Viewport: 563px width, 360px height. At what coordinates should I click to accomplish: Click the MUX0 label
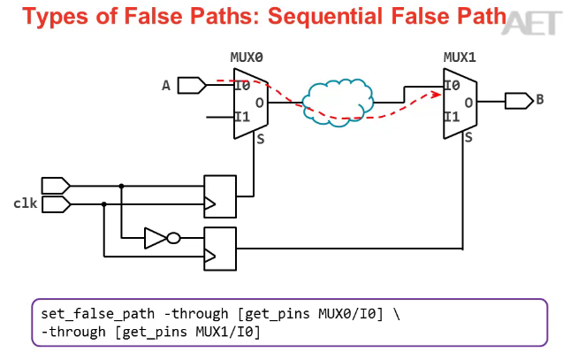point(247,58)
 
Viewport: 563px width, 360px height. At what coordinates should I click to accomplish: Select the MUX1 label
point(460,58)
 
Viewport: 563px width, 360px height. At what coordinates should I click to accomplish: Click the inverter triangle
point(156,237)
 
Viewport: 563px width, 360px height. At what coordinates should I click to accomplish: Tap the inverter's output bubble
point(173,237)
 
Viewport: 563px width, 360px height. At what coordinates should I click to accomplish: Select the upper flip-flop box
point(220,195)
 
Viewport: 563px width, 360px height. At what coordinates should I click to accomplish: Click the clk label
point(25,203)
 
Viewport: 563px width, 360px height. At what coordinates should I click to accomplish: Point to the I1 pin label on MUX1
point(452,117)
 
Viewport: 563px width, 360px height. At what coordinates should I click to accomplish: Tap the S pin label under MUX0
point(261,139)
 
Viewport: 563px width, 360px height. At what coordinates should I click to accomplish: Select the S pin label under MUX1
point(468,137)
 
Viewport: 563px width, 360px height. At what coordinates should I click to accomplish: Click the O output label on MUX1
point(468,102)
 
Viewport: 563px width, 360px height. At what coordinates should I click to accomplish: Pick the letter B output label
point(540,100)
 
